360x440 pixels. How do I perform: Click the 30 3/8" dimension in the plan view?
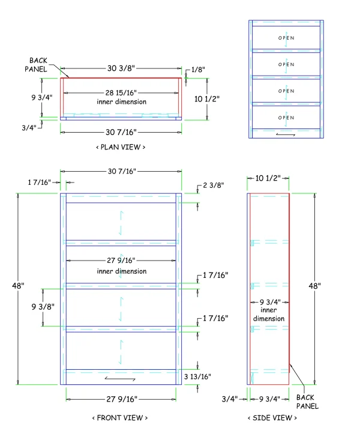point(121,68)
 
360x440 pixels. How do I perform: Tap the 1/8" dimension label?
point(198,69)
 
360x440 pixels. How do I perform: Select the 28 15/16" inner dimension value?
point(121,92)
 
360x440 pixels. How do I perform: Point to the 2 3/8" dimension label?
point(214,185)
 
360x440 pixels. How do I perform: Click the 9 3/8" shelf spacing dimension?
point(43,307)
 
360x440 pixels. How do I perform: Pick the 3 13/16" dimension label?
point(197,376)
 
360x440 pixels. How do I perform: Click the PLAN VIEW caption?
point(121,147)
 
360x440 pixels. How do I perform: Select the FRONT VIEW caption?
point(120,418)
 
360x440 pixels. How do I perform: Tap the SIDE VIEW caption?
point(272,418)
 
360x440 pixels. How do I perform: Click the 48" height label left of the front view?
point(18,286)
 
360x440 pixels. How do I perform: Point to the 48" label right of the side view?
point(314,286)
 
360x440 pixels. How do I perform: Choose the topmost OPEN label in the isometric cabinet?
point(286,38)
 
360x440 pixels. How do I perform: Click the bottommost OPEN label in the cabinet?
point(286,118)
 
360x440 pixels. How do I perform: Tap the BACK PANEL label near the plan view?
point(36,65)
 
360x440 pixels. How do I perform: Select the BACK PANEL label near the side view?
point(308,402)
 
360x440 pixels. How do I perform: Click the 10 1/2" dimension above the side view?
point(268,178)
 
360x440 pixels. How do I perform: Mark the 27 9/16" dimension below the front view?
point(122,399)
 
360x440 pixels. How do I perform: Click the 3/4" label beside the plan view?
point(29,128)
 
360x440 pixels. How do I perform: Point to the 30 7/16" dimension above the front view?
point(122,171)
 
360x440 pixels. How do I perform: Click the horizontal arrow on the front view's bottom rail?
point(120,379)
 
